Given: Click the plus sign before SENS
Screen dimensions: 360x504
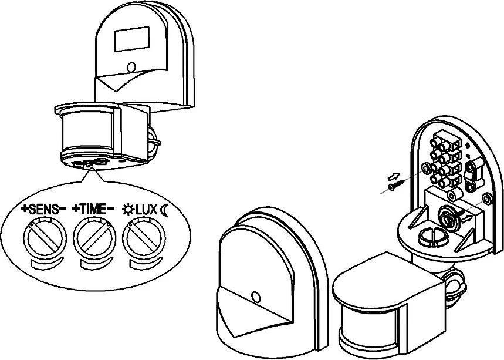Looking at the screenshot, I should point(23,209).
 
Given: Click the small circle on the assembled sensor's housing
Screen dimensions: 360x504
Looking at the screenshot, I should point(131,66).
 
